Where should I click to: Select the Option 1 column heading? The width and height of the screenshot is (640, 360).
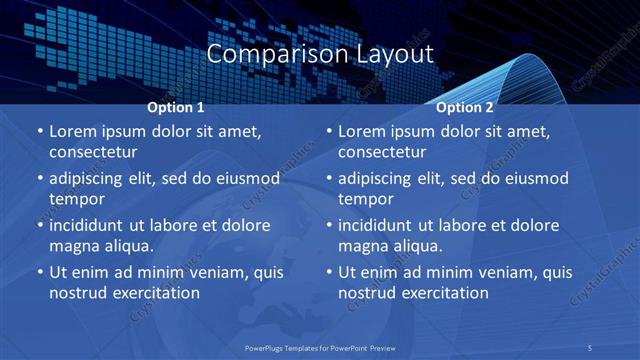coord(176,107)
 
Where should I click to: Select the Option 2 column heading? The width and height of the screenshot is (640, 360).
coord(465,107)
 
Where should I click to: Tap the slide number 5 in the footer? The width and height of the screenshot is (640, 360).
coord(592,347)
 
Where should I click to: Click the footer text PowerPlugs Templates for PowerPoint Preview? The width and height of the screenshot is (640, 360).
coord(321,347)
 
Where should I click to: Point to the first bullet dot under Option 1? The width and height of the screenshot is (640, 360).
coord(39,132)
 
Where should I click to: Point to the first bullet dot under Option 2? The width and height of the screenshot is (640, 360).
coord(328,132)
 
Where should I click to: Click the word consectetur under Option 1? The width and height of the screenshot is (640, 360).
coord(93,153)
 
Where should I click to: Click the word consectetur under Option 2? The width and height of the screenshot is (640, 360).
coord(382,153)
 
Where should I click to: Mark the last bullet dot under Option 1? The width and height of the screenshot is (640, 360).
coord(39,272)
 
